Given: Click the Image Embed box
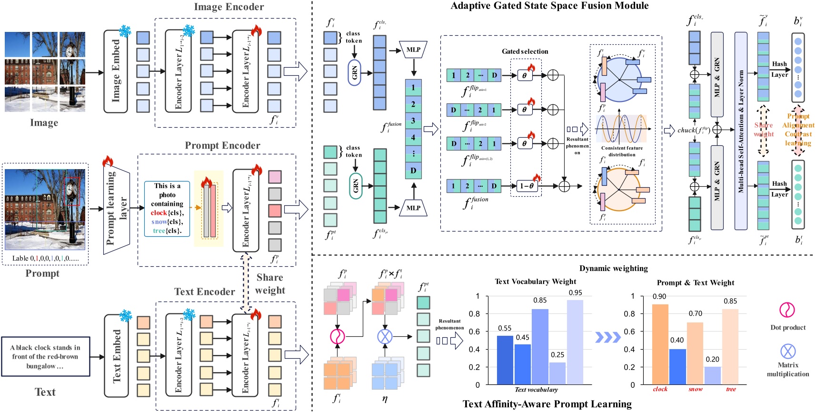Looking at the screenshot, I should [x=116, y=71].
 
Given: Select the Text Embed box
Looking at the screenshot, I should [x=116, y=355].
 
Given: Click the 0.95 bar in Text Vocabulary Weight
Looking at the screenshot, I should [x=575, y=342].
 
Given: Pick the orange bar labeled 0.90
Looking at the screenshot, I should [x=660, y=344].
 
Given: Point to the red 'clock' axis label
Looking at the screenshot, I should [x=660, y=389].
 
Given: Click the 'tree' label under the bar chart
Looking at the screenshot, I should [x=731, y=389].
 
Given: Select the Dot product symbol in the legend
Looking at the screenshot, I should [x=787, y=310].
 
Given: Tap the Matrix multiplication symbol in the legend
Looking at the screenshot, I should [x=788, y=351].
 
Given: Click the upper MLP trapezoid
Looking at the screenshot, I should [x=413, y=50].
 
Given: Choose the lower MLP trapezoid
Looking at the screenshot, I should [x=413, y=208].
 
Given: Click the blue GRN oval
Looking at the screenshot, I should [x=355, y=73].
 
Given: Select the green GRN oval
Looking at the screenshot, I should [x=355, y=186].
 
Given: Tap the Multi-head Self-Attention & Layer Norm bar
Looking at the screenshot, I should [x=741, y=131].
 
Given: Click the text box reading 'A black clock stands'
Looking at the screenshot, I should [x=45, y=356].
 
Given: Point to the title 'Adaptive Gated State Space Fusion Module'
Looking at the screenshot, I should [x=549, y=6].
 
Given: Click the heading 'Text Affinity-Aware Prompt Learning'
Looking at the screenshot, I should [x=547, y=404].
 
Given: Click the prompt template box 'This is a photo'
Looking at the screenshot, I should [x=167, y=208].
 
